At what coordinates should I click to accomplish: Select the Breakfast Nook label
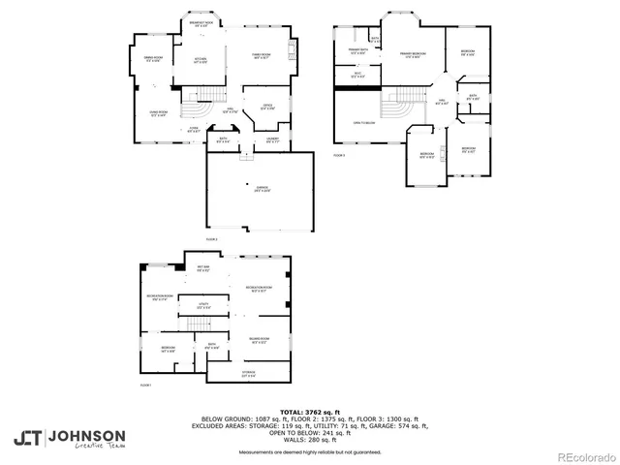(201, 24)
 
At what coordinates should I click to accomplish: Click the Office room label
(268, 106)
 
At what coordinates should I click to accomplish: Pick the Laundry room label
(273, 140)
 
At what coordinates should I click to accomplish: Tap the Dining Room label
(152, 60)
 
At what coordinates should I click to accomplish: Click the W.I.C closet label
(356, 75)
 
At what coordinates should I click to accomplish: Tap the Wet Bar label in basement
(203, 268)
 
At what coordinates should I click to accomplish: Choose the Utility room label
(203, 306)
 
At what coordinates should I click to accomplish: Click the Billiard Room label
(259, 340)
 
